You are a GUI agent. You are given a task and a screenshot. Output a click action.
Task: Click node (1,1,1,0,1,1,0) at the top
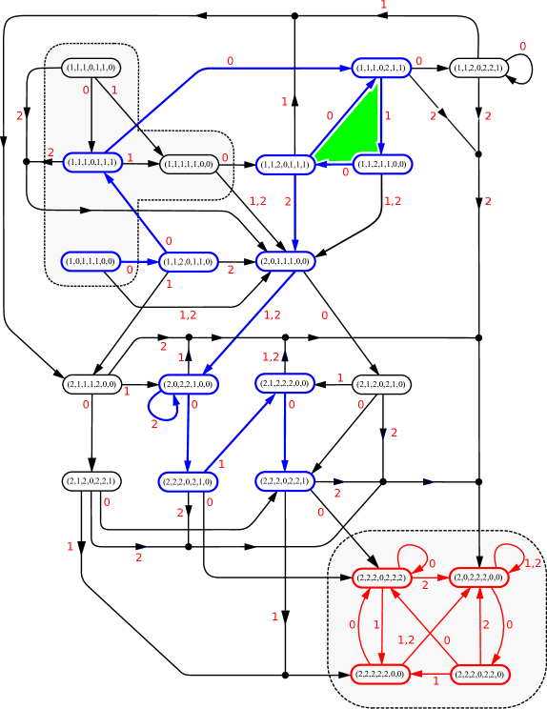[91, 68]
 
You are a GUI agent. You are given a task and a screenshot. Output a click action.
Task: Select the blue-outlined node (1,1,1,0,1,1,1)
[92, 163]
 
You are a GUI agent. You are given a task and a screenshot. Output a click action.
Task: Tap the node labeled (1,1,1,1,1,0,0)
[189, 164]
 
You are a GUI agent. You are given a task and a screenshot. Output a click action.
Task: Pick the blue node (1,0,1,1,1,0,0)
[91, 260]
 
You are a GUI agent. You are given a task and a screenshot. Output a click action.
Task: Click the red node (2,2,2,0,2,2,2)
[381, 577]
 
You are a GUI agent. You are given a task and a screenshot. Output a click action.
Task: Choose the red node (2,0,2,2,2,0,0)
[478, 577]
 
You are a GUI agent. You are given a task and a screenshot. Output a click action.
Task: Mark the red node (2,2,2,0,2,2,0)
[478, 674]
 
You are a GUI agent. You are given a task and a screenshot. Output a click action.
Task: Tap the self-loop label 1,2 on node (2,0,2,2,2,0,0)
[533, 563]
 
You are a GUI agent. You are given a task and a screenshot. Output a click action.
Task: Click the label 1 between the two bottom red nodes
[436, 680]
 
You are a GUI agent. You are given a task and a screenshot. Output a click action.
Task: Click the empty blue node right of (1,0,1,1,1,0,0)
[189, 261]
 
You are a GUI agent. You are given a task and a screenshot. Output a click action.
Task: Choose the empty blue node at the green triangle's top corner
[381, 68]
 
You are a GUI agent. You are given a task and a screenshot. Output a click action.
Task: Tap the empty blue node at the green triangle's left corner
[286, 164]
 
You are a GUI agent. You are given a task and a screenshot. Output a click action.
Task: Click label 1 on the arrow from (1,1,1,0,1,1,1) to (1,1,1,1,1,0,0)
[130, 157]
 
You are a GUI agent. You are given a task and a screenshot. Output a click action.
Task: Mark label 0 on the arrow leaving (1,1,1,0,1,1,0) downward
[85, 91]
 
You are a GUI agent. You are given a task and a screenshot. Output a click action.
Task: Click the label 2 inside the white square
[433, 115]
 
